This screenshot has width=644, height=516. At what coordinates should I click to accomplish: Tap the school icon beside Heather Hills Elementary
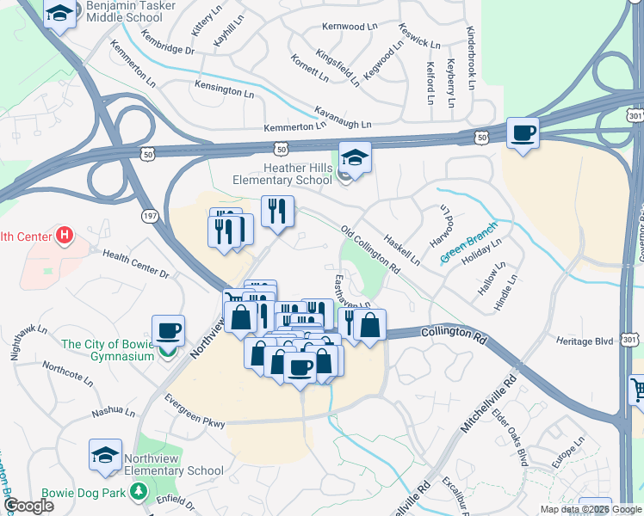coord(354,157)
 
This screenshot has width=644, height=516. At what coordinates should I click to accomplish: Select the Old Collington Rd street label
coord(370,250)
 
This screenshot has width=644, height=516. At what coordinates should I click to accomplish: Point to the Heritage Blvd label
coord(585,341)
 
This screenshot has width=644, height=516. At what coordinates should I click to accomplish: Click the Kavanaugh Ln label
coord(343,118)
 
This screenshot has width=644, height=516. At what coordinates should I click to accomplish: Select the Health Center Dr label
coord(136,263)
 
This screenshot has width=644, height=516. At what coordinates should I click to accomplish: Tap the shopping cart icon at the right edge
coord(637,390)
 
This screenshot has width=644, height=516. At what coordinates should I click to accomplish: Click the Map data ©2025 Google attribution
coord(591,509)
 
